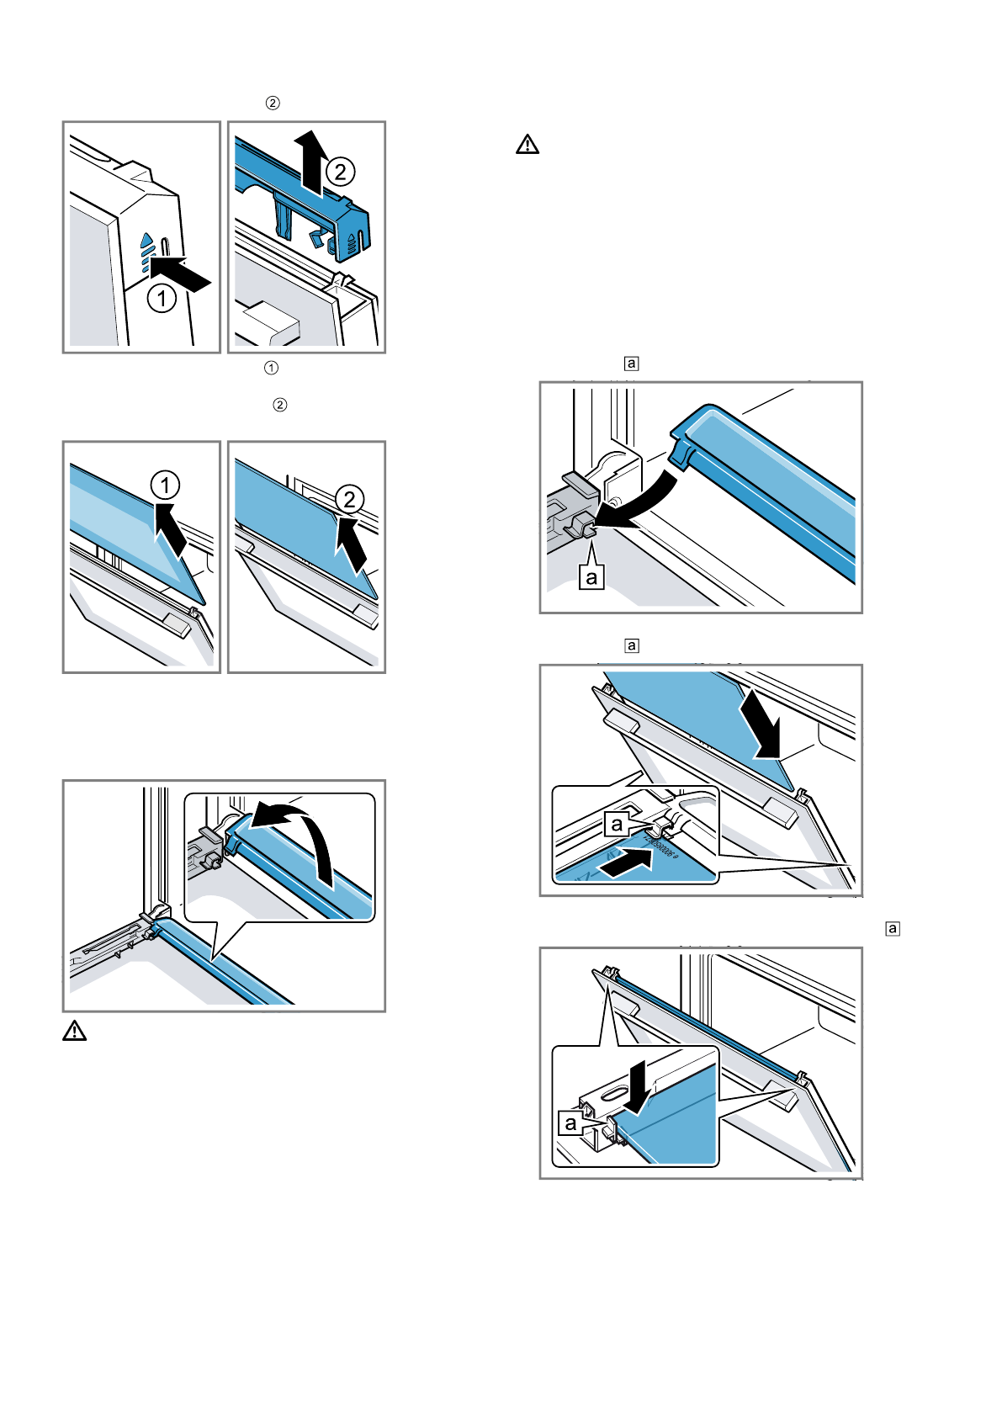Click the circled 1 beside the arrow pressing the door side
[162, 298]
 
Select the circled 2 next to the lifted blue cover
[340, 172]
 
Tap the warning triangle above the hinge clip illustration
[528, 145]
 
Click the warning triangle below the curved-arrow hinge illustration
[75, 1030]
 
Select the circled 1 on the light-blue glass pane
[165, 486]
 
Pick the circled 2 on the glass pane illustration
[348, 500]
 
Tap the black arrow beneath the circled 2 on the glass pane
[353, 543]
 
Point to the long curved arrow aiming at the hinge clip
[644, 505]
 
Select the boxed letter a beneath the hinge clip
[591, 577]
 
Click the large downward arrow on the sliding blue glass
[762, 724]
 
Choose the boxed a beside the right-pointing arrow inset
[617, 824]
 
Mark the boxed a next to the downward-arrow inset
[570, 1123]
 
